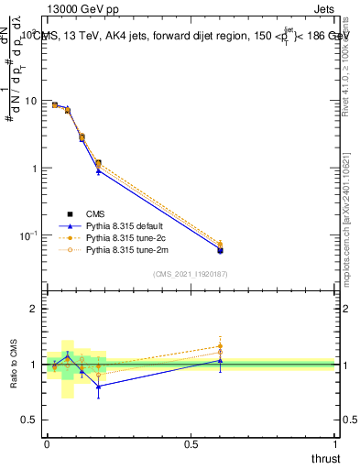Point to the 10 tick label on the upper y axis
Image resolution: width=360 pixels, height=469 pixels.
(30, 101)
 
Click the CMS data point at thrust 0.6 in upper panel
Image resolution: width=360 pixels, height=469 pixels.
(220, 249)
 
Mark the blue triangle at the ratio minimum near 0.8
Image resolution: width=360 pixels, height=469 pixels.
(99, 386)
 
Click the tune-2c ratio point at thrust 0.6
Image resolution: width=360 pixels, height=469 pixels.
(220, 346)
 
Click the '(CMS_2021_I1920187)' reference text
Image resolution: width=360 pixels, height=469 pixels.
(190, 273)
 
